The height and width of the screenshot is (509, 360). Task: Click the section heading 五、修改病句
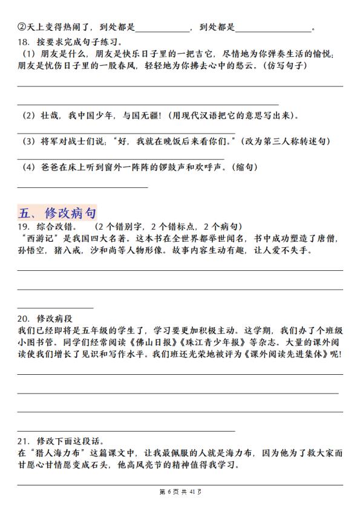click(x=57, y=212)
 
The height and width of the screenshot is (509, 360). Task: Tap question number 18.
click(x=24, y=43)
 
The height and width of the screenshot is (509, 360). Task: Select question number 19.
click(x=24, y=227)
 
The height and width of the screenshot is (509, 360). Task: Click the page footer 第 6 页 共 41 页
click(x=180, y=491)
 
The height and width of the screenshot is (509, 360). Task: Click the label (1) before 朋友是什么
click(x=27, y=54)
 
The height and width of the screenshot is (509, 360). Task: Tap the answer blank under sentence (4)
click(x=82, y=186)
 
